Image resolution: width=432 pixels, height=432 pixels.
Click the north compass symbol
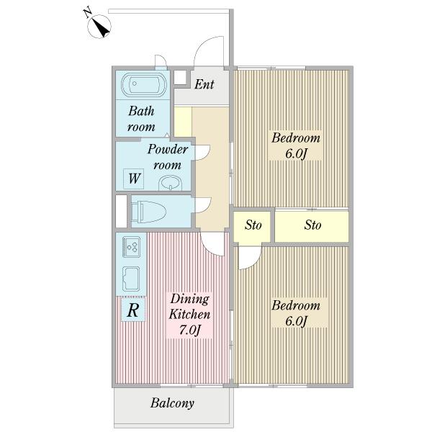(99, 27)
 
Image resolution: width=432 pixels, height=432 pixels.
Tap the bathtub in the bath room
(144, 84)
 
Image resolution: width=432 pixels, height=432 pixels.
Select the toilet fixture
(148, 212)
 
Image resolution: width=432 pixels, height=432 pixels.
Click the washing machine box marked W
(134, 179)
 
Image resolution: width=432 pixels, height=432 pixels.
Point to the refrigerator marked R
(133, 309)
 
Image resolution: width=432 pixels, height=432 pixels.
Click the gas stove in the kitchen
(132, 247)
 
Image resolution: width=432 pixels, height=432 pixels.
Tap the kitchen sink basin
(131, 279)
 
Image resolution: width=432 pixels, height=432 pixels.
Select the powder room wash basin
(170, 183)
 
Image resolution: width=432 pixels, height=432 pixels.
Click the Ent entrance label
(204, 84)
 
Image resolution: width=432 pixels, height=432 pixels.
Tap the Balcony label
(172, 403)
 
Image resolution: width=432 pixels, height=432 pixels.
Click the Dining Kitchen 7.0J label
(189, 315)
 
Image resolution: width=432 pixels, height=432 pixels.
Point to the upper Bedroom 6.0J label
(296, 145)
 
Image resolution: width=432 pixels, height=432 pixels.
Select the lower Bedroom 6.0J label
(296, 313)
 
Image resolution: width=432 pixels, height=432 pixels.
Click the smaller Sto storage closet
(252, 225)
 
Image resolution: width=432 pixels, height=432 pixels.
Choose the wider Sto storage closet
(312, 225)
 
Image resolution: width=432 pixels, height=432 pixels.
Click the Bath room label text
(141, 119)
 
